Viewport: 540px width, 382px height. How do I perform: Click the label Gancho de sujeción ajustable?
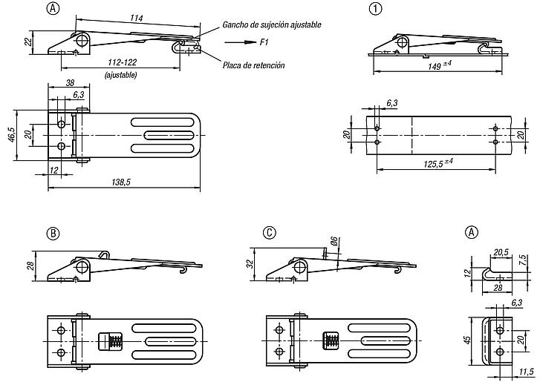pyautogui.click(x=271, y=25)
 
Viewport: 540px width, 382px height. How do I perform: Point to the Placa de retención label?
pyautogui.click(x=253, y=65)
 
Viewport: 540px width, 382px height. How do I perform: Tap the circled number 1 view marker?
pyautogui.click(x=375, y=9)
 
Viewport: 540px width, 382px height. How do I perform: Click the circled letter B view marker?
pyautogui.click(x=53, y=233)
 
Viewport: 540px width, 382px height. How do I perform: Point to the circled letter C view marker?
pyautogui.click(x=271, y=233)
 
